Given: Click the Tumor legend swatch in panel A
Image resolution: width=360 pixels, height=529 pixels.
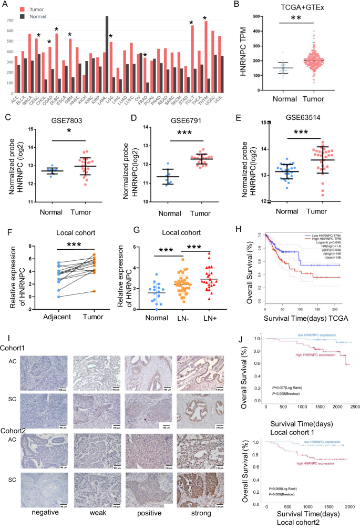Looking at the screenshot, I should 21,9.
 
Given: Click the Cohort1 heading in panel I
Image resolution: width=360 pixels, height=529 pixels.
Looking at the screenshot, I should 17,334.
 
